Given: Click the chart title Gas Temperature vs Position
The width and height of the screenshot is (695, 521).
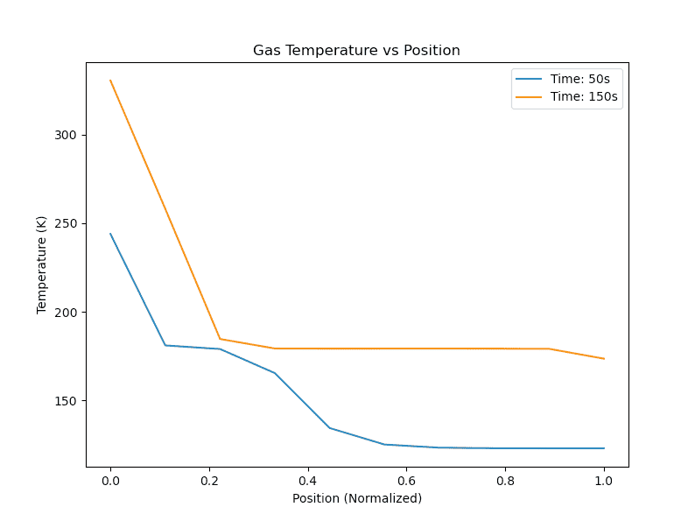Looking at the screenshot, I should point(356,51).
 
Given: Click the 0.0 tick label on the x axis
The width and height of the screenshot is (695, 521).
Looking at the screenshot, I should point(110,481).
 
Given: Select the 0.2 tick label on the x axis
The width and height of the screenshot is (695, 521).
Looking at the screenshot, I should point(209,481).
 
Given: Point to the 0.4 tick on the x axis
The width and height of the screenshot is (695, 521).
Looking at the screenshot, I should point(308,481).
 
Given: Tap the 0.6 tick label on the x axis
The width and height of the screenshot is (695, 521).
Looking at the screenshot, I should point(406,481).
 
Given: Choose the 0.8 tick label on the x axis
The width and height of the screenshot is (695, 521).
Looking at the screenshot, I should point(505,481).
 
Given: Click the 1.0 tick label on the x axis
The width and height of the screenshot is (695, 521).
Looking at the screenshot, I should point(604,481).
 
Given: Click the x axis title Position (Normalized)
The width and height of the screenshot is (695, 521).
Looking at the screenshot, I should point(357,498).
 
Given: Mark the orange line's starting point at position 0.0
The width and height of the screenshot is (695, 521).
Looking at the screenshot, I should point(110,81).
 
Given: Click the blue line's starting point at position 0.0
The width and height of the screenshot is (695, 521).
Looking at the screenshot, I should point(110,234).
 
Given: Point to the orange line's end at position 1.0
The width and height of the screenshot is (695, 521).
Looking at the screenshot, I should point(604,358).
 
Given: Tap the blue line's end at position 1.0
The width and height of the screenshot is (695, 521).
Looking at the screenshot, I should point(604,448).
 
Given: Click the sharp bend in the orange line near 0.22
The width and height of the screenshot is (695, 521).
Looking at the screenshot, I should point(220,339).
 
